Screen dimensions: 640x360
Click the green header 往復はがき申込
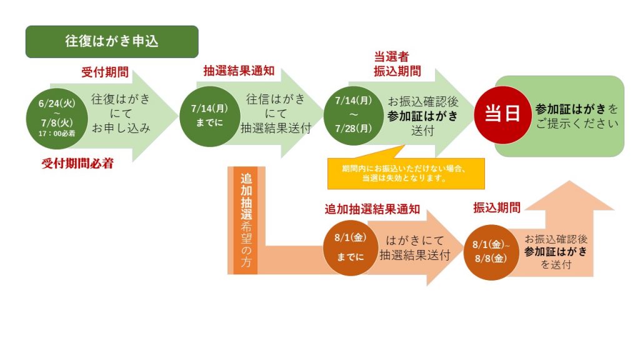[x=112, y=42]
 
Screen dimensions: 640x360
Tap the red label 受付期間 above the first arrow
[x=105, y=72]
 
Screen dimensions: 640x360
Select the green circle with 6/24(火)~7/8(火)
[x=57, y=118]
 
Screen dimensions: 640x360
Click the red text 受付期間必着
[x=77, y=164]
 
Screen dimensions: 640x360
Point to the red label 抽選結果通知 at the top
[x=239, y=71]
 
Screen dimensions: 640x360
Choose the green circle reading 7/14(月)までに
[x=209, y=116]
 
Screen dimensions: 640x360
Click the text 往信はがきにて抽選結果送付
[x=276, y=114]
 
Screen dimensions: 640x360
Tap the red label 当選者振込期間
[x=397, y=64]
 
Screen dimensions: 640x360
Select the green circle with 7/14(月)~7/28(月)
[x=354, y=115]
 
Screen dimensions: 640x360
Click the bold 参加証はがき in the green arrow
[x=422, y=116]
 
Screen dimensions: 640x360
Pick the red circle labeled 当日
[x=502, y=114]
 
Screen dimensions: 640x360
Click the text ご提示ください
[x=577, y=123]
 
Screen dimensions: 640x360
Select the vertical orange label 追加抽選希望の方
[x=246, y=220]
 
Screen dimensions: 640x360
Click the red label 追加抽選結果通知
[x=372, y=209]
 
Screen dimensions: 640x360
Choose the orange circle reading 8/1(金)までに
[x=350, y=247]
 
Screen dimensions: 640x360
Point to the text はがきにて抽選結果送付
[x=415, y=247]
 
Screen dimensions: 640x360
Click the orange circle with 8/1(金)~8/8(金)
[x=491, y=252]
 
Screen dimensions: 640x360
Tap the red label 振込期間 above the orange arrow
[x=497, y=207]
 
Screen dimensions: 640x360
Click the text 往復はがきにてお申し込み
[x=121, y=114]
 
